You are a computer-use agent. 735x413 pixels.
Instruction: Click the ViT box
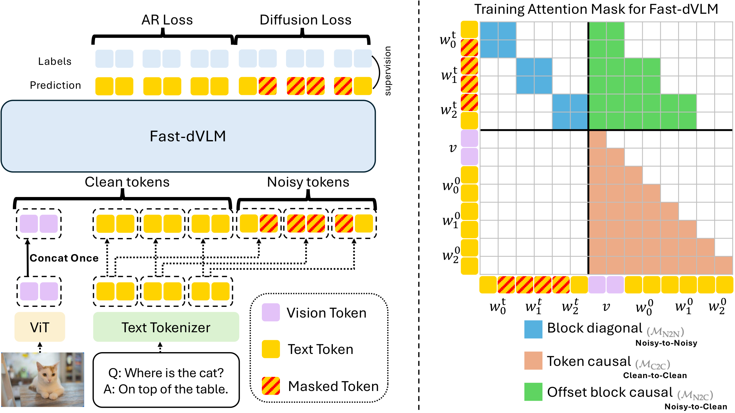pyautogui.click(x=40, y=327)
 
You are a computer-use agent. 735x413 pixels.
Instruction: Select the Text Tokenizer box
pyautogui.click(x=166, y=327)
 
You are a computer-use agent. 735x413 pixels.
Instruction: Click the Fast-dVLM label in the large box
pyautogui.click(x=188, y=136)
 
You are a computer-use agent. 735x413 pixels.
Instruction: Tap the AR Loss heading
pyautogui.click(x=167, y=20)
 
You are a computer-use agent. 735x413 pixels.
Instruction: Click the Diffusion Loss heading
pyautogui.click(x=305, y=20)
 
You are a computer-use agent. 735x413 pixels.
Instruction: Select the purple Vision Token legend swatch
pyautogui.click(x=271, y=312)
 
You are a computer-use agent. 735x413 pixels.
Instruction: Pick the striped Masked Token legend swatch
pyautogui.click(x=271, y=386)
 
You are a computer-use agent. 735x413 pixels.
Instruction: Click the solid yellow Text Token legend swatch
pyautogui.click(x=271, y=349)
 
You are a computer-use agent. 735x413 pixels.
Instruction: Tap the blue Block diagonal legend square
pyautogui.click(x=533, y=329)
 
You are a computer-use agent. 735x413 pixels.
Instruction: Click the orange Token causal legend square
pyautogui.click(x=533, y=361)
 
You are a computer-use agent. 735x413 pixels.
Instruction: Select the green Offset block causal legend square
pyautogui.click(x=533, y=392)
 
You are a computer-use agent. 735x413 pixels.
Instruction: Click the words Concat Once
pyautogui.click(x=64, y=258)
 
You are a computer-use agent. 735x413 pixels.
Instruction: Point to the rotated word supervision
pyautogui.click(x=387, y=71)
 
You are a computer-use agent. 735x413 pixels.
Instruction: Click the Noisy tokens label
pyautogui.click(x=308, y=182)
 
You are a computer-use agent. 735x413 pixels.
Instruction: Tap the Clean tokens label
pyautogui.click(x=127, y=182)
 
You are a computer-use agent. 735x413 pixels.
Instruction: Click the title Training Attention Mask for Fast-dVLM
pyautogui.click(x=596, y=9)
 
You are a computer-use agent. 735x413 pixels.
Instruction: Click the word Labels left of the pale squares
pyautogui.click(x=55, y=61)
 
